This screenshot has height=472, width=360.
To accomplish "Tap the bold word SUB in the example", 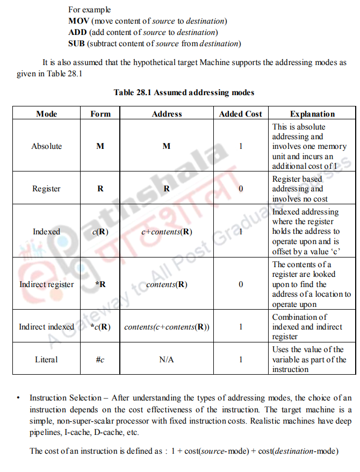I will (77, 44).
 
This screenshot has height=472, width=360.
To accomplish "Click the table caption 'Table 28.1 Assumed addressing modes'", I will (184, 92).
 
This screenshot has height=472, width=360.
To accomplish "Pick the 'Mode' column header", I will (47, 114).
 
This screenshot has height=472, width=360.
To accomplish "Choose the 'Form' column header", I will (100, 114).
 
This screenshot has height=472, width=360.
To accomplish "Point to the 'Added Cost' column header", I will (241, 114).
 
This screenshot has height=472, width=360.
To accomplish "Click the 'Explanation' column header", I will (312, 114).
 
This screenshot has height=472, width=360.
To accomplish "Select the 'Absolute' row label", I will (47, 146).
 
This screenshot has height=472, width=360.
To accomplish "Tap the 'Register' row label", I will (47, 189).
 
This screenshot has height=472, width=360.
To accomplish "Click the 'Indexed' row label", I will (47, 232).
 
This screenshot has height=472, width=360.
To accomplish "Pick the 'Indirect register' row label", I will (47, 284).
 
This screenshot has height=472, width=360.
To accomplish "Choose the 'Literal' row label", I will (47, 359).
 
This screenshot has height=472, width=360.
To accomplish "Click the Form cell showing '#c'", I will (100, 359).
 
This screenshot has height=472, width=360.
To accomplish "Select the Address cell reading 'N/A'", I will (167, 359).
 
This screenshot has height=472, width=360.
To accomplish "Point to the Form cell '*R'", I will (100, 284).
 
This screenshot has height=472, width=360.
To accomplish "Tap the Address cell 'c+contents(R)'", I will (167, 232).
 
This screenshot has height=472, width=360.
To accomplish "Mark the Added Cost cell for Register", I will (241, 189).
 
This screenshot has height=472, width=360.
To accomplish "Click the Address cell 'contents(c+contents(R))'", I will (167, 327).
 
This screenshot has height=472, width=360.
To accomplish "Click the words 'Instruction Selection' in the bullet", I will (65, 398).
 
